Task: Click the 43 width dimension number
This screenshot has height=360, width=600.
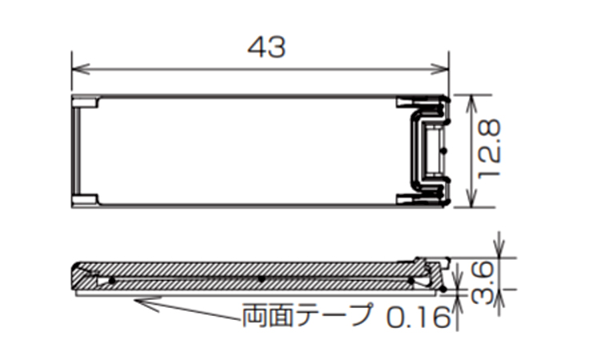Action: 266,49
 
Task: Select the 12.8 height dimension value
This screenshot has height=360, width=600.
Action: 489,149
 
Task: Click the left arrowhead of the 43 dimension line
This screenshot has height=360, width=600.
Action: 77,70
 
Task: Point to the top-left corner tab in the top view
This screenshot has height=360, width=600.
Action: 85,102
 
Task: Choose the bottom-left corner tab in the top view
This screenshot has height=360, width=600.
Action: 85,198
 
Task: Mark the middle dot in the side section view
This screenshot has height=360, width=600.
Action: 262,279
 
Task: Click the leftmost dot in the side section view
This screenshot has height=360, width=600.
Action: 112,280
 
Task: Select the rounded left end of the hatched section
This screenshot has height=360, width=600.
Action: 78,274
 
